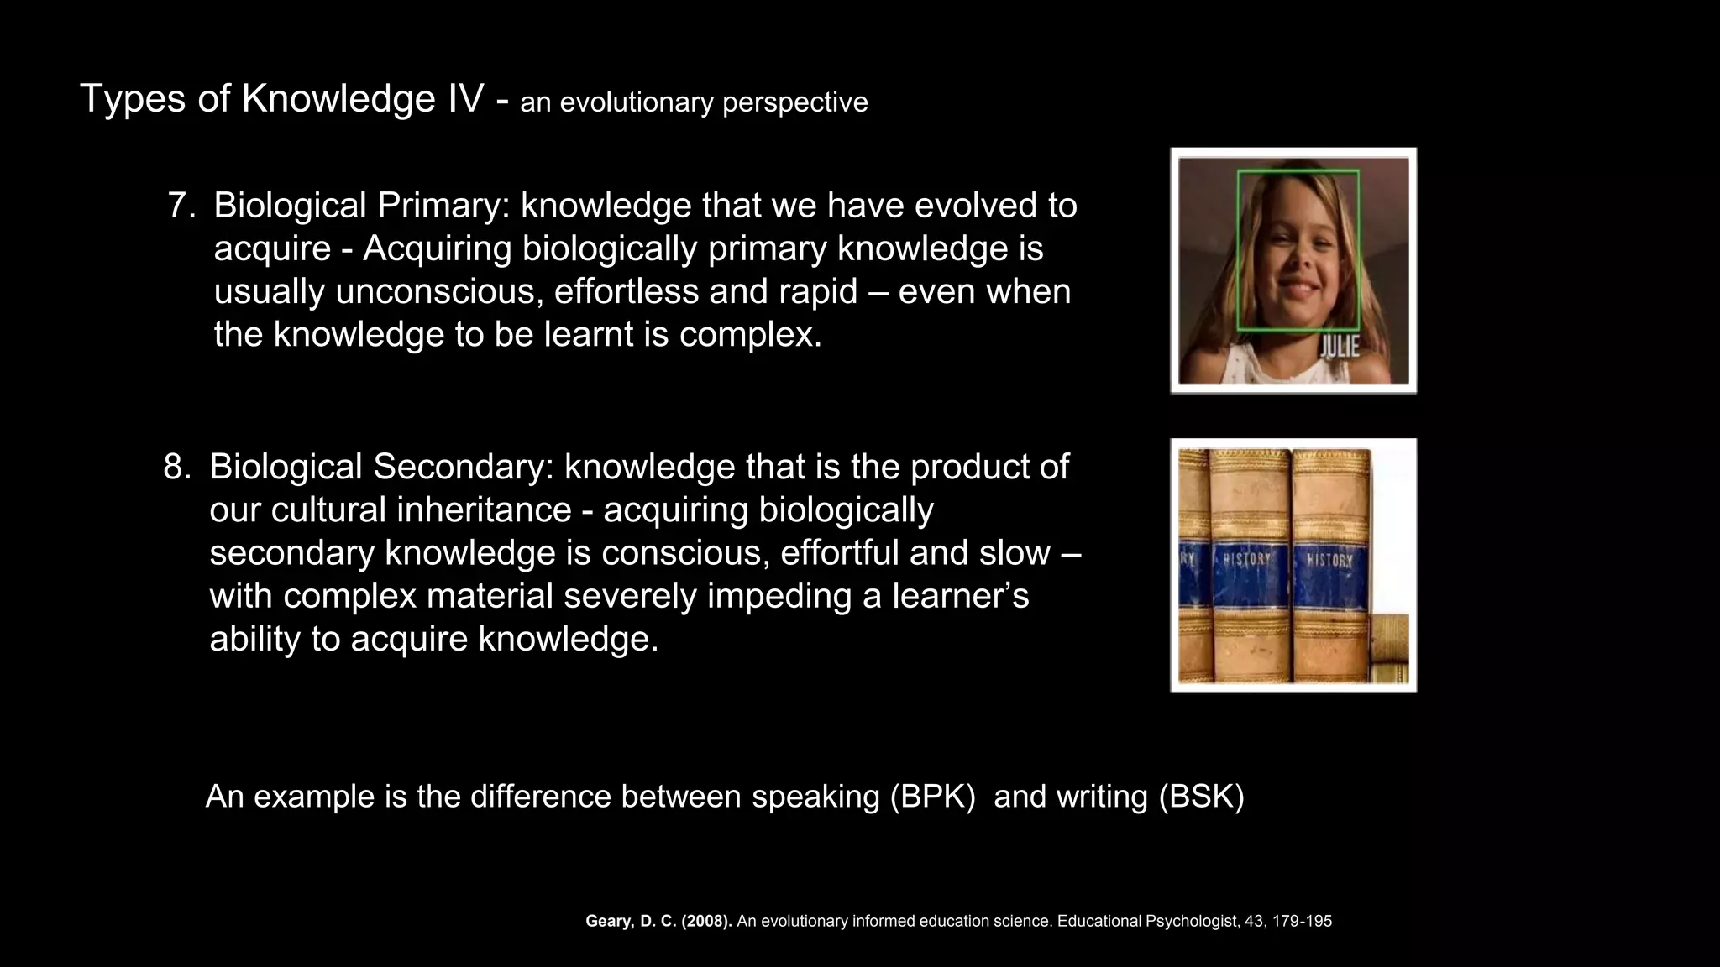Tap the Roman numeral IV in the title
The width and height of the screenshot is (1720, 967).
460,99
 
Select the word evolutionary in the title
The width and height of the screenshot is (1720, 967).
636,102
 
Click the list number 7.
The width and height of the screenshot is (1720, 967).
181,206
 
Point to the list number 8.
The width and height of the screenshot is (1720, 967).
176,467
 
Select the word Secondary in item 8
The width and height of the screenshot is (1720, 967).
463,467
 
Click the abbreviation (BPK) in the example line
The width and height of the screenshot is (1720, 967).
932,796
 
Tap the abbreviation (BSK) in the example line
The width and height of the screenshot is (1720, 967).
1201,796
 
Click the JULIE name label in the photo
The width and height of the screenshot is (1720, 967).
1339,347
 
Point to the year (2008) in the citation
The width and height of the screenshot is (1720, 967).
706,921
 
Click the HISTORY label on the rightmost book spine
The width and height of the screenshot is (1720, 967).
1329,559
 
